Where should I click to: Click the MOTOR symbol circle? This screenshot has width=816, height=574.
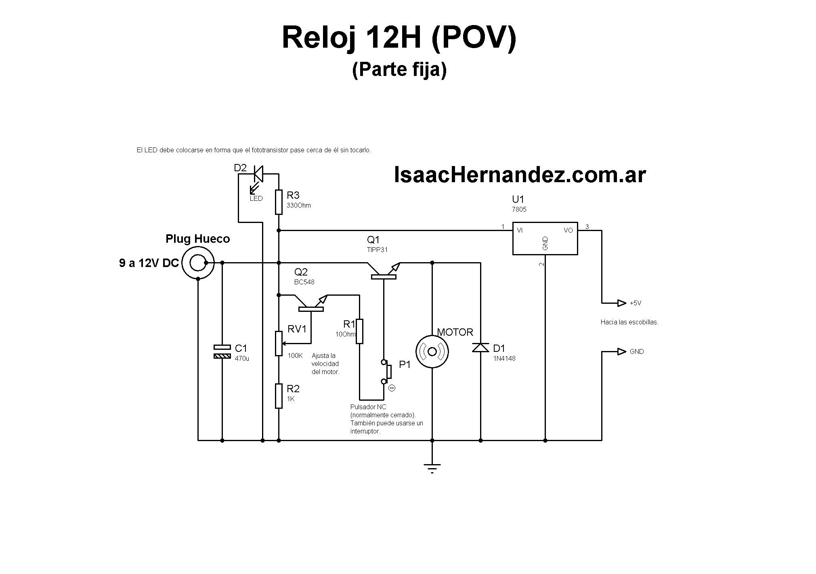tap(432, 351)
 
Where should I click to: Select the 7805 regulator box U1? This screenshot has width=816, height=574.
tap(545, 238)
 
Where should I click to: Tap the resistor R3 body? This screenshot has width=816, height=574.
tap(279, 202)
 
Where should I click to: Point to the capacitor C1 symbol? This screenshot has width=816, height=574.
tap(222, 351)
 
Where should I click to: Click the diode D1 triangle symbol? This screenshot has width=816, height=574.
tap(480, 347)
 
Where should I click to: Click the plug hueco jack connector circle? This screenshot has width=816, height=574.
tap(197, 263)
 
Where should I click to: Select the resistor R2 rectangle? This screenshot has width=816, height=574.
tap(279, 396)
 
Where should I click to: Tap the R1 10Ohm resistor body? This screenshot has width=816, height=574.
tap(359, 331)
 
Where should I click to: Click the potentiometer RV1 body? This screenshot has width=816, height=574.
tap(279, 343)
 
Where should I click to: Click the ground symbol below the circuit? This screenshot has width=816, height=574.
tap(432, 468)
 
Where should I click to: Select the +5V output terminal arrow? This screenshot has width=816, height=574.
tap(621, 303)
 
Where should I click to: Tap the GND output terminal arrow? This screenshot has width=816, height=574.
tap(621, 352)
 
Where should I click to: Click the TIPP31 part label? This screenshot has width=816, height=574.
tap(377, 250)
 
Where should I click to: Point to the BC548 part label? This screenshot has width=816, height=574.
tap(304, 282)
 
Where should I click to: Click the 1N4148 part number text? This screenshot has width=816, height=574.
tap(504, 358)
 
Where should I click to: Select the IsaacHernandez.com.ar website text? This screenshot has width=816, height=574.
tap(520, 175)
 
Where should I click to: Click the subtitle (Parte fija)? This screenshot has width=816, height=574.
tap(399, 69)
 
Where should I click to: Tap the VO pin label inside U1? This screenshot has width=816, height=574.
tap(568, 231)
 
